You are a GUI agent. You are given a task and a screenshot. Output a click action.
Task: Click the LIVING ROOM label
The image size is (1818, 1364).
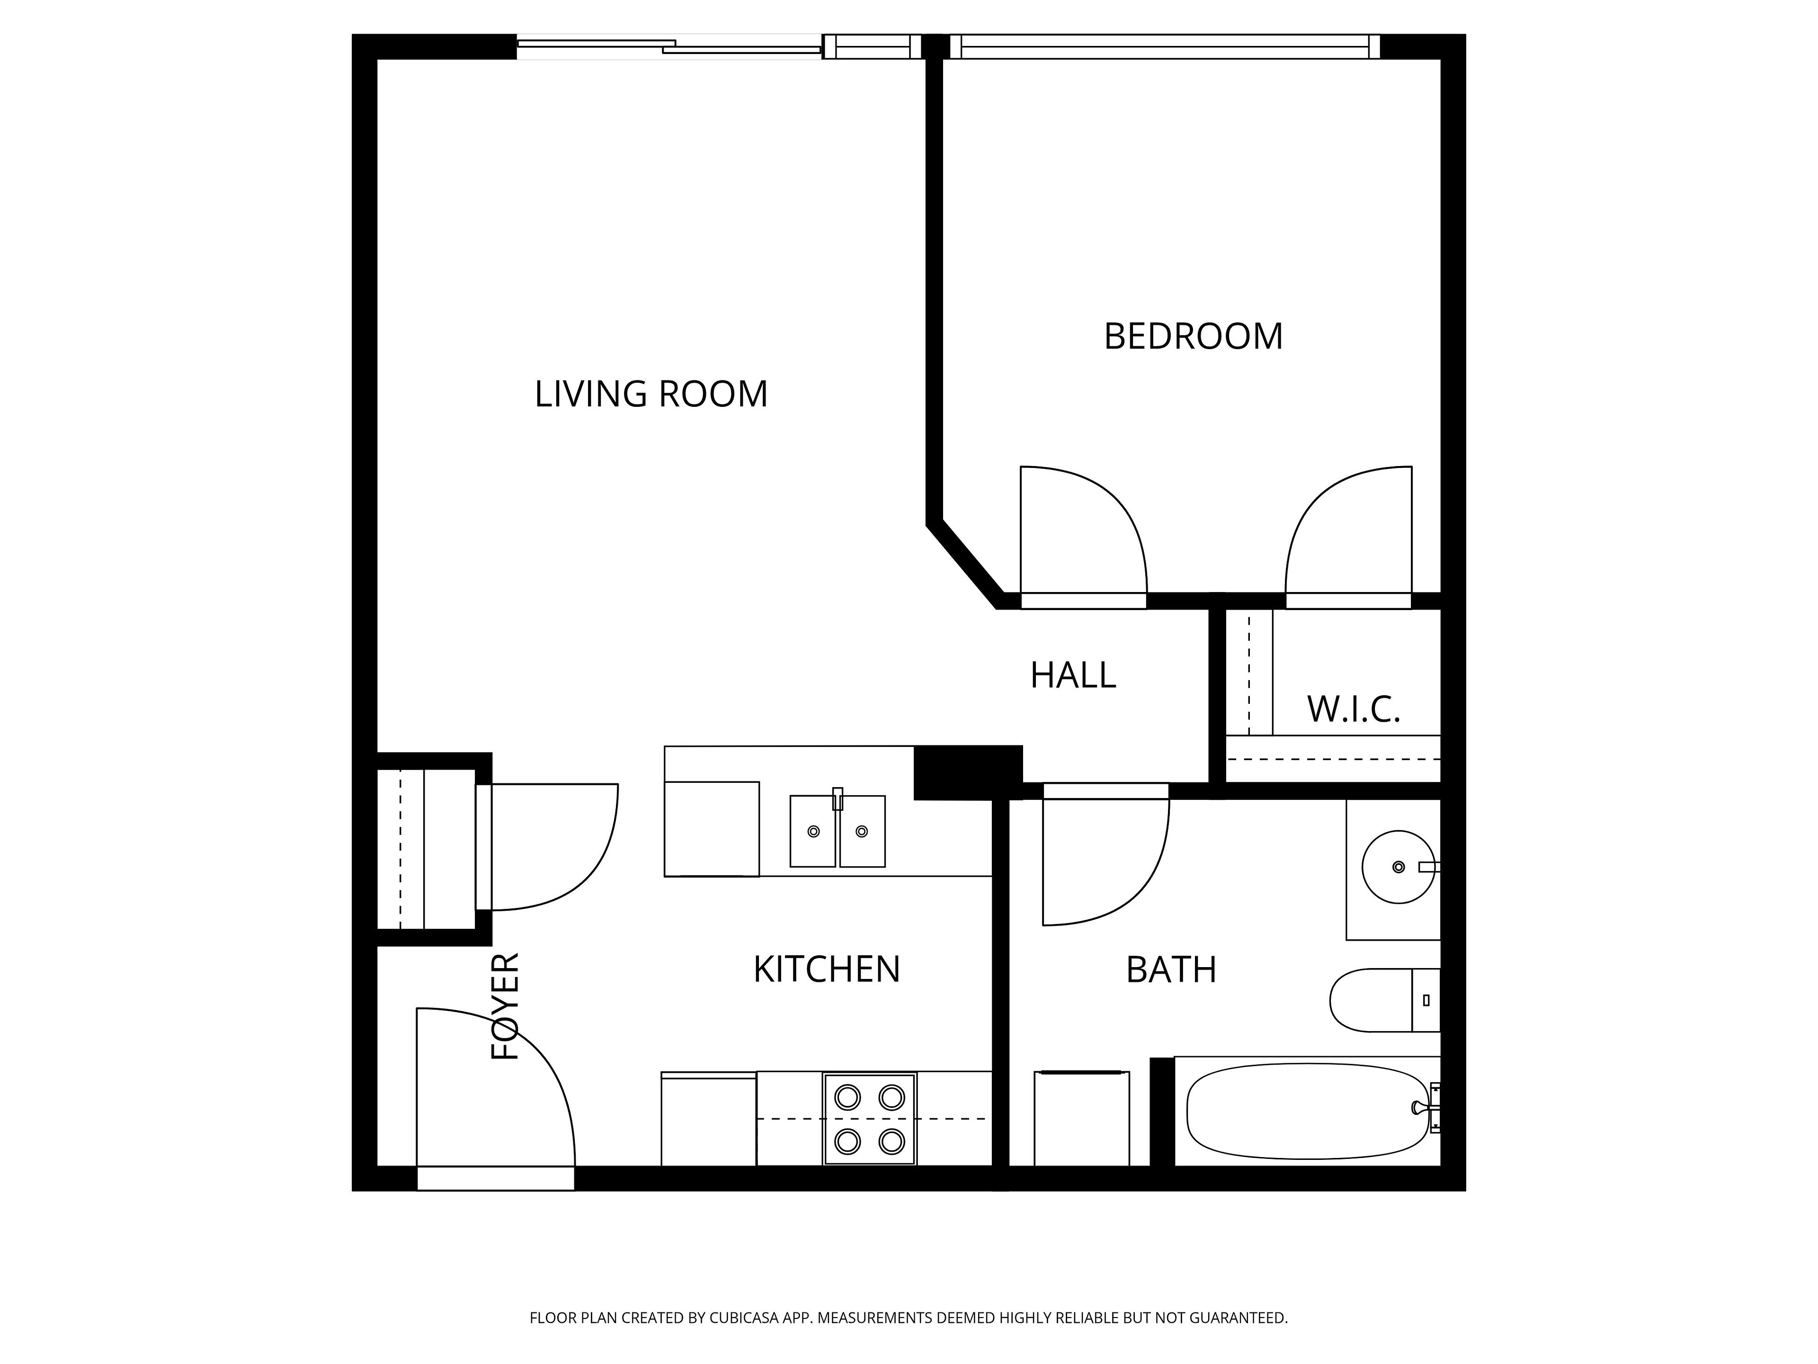point(651,394)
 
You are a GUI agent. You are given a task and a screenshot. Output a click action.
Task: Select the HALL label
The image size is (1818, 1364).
point(1073,675)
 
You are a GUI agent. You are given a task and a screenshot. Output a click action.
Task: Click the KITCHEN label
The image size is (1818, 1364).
point(827,969)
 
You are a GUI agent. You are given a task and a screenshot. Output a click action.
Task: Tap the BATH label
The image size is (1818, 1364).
point(1171,970)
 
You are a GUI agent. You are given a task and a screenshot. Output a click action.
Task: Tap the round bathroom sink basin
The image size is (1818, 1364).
point(1398,867)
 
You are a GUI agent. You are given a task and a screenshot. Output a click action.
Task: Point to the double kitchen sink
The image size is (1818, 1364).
point(838,830)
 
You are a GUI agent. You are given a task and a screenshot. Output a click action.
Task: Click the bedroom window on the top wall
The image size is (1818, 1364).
point(1165,47)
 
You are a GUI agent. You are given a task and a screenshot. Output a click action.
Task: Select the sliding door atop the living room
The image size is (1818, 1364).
point(669,47)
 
